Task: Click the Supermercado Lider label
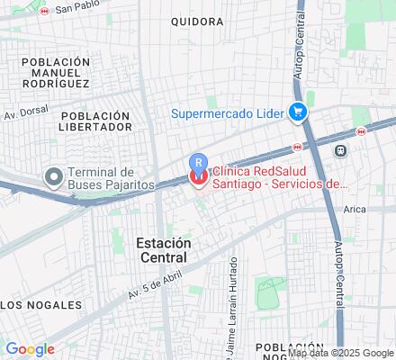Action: pos(229,112)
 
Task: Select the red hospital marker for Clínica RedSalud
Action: pos(198,178)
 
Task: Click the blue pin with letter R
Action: pos(198,163)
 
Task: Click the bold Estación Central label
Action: pos(164,250)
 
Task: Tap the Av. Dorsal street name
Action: pos(24,114)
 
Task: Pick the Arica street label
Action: pos(355,208)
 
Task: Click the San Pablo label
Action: pos(76,9)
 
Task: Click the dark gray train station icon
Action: pos(340,150)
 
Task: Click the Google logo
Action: pos(30,349)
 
